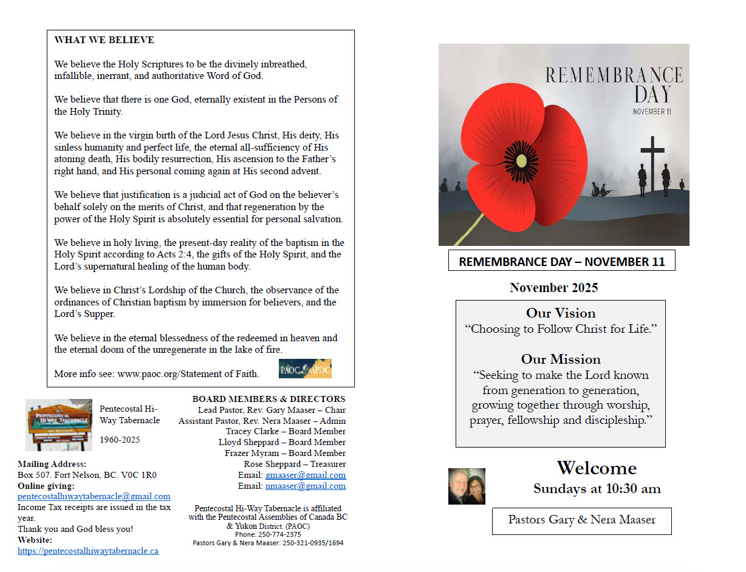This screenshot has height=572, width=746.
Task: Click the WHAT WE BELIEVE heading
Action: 104,40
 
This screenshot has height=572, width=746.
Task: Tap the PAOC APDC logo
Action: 305,369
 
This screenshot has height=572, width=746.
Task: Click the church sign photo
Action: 59,424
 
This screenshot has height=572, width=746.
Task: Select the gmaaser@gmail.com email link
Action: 306,475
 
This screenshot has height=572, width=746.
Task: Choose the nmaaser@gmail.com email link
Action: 306,486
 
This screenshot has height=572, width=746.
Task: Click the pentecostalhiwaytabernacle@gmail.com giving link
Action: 94,496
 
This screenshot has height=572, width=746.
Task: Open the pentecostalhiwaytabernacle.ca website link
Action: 88,551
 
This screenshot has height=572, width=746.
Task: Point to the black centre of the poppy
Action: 521,161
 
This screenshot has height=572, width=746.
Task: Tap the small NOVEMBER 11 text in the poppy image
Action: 652,112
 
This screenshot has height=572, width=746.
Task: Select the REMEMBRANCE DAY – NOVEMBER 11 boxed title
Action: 561,262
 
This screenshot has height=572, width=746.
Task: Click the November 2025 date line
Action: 553,288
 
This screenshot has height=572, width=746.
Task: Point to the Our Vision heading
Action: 561,313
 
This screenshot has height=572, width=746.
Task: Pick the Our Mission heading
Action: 561,359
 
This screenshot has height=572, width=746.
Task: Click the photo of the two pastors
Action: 467,486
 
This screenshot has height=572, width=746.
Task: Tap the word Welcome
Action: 597,468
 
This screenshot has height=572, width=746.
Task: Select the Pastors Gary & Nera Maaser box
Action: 581,520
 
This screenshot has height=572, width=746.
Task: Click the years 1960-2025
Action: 120,440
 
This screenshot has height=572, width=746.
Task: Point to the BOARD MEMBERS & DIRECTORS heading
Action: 269,399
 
